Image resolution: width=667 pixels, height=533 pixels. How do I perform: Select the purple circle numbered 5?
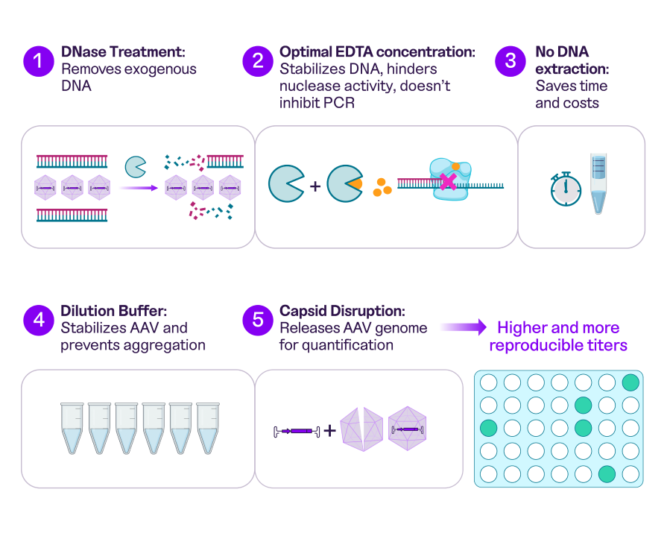(x=258, y=319)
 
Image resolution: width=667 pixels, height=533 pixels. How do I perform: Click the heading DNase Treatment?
(x=123, y=52)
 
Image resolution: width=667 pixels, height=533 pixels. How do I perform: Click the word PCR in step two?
(x=340, y=103)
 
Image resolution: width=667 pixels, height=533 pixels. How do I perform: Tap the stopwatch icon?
(x=566, y=188)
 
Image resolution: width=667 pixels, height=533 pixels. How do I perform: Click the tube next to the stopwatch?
(x=598, y=183)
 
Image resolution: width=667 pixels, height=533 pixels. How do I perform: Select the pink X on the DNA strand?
(x=448, y=180)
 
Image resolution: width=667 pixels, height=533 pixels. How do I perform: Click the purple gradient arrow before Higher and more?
(x=462, y=327)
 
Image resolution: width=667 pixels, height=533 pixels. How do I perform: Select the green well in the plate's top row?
(x=630, y=382)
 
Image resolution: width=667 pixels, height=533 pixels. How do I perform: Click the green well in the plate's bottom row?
(x=607, y=473)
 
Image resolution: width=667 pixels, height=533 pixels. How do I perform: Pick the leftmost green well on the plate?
(x=488, y=428)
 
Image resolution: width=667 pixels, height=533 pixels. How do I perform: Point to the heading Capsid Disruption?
(x=341, y=310)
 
